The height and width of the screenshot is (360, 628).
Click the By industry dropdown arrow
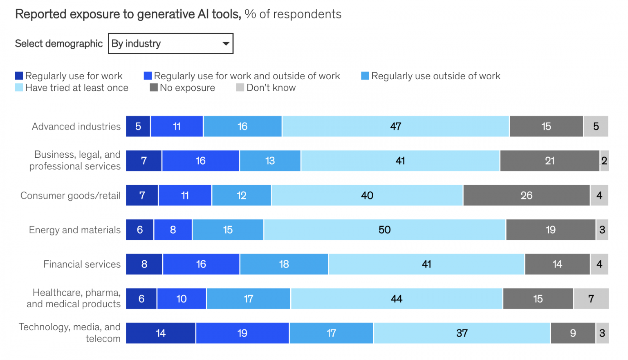(x=225, y=44)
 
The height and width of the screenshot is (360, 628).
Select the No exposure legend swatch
(x=154, y=88)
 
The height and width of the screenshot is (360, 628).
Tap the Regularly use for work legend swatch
(x=19, y=76)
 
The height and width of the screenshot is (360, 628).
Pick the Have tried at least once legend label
(x=76, y=88)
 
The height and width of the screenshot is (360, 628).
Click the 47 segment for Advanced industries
(x=395, y=126)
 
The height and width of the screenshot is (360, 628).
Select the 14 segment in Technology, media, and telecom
(x=161, y=333)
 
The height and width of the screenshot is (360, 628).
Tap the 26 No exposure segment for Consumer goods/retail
(x=526, y=195)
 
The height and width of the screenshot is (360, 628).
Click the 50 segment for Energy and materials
(x=384, y=230)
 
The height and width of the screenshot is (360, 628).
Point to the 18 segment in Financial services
(x=284, y=264)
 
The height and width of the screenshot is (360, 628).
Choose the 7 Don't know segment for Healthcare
(x=591, y=299)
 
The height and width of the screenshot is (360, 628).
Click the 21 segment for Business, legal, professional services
(x=549, y=161)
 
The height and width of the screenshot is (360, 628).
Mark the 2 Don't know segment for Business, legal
(x=604, y=161)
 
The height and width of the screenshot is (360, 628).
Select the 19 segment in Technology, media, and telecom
(x=242, y=333)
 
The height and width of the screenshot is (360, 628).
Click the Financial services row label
(x=82, y=264)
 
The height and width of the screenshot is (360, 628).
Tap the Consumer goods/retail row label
(x=70, y=196)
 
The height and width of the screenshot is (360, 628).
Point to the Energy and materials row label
(x=74, y=230)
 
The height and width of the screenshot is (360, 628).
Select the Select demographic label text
(x=59, y=44)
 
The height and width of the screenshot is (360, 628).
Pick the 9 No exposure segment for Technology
(x=573, y=333)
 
